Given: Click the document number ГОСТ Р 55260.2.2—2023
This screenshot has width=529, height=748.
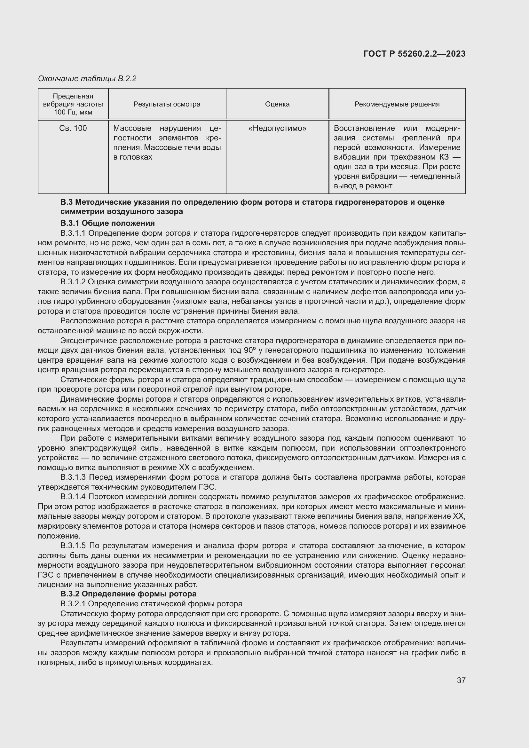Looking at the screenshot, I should pyautogui.click(x=414, y=54).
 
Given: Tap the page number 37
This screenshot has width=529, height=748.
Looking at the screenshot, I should pyautogui.click(x=461, y=680).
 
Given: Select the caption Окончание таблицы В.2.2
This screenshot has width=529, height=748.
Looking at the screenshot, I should pyautogui.click(x=87, y=79).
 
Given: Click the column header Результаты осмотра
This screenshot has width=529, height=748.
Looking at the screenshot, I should pyautogui.click(x=167, y=104).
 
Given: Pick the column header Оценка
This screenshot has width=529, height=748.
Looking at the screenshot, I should pyautogui.click(x=277, y=104).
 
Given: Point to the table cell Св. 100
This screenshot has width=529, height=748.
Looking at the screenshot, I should pyautogui.click(x=73, y=128).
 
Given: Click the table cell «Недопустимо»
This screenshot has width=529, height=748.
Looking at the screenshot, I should pyautogui.click(x=277, y=128).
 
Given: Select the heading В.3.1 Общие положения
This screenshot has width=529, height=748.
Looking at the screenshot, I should pyautogui.click(x=107, y=223).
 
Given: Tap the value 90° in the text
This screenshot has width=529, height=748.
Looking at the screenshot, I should pyautogui.click(x=250, y=350).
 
